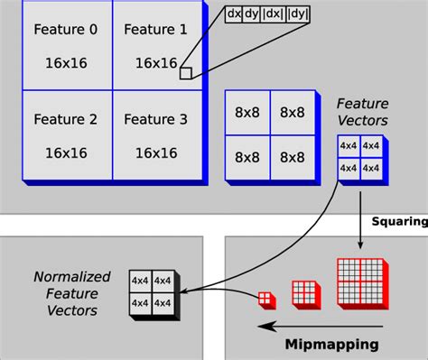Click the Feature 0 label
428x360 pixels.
(x=64, y=30)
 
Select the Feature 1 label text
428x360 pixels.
(x=154, y=30)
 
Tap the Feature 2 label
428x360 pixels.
(x=64, y=118)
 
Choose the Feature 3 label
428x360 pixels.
(x=154, y=118)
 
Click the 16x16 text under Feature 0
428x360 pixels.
(x=64, y=63)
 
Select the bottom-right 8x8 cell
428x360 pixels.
(x=292, y=157)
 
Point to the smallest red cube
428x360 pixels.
(x=265, y=299)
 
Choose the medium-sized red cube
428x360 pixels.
(x=303, y=292)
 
